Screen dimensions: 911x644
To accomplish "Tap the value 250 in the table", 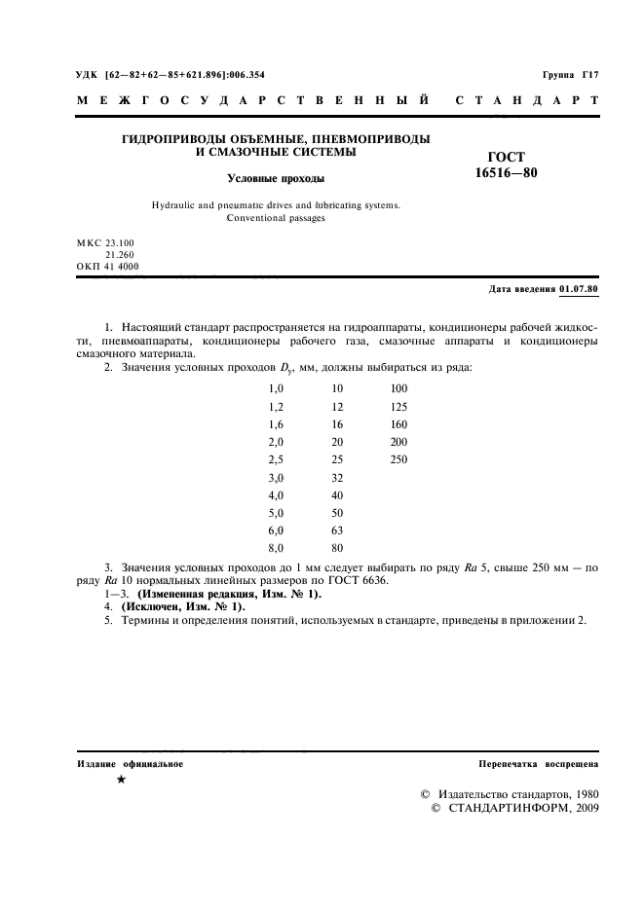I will (x=398, y=459).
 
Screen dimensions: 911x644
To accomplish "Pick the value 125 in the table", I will (x=398, y=407).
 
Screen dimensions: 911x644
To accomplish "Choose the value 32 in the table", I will (x=337, y=478).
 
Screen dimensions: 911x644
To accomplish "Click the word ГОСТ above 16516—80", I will (x=506, y=157).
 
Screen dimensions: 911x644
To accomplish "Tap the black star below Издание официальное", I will (x=121, y=781).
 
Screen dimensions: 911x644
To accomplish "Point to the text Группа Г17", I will (x=570, y=75).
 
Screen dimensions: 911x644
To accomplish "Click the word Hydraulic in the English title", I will (x=176, y=205).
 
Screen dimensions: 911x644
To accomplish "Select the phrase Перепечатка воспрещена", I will (x=539, y=764).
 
